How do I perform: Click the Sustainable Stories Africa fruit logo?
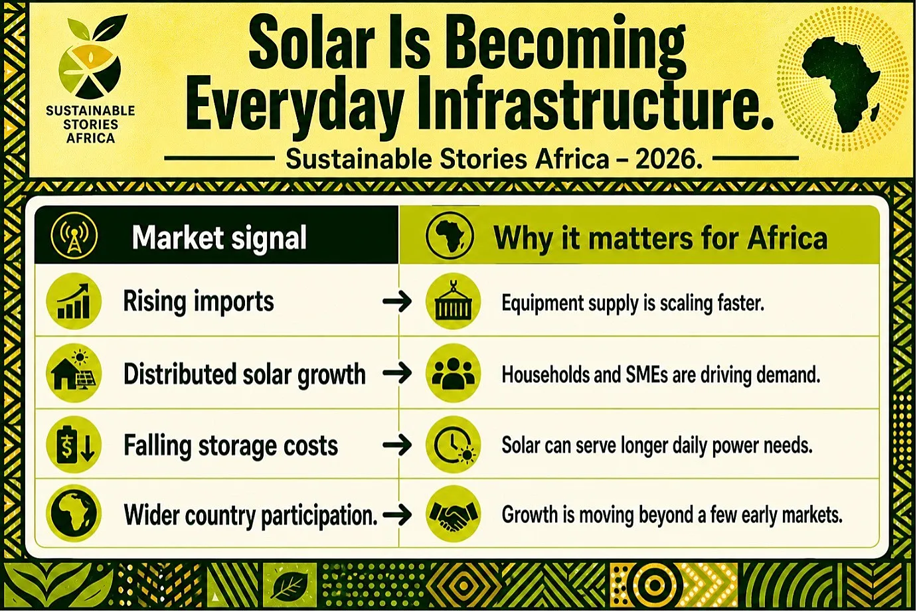point(91,58)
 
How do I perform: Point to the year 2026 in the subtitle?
point(668,159)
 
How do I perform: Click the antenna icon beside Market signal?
point(74,235)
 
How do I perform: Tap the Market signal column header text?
point(219,238)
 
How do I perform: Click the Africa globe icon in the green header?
point(450,236)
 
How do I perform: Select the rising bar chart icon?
point(74,301)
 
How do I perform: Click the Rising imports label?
point(199,302)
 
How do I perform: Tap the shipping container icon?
point(454,301)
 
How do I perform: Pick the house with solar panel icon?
point(74,372)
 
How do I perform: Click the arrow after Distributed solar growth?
point(397,373)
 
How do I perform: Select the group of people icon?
point(454,373)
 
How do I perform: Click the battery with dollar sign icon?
point(74,445)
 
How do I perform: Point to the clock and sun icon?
point(454,445)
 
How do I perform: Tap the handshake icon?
point(454,514)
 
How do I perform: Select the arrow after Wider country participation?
point(397,514)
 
